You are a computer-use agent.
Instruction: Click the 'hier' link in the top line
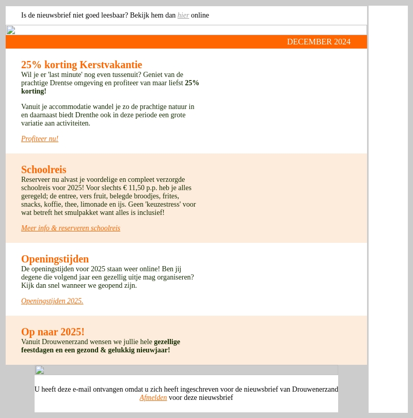183,16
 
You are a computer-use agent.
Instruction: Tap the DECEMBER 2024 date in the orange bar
319,42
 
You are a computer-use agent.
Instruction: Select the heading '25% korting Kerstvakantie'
82,65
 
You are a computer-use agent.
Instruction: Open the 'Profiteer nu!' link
40,139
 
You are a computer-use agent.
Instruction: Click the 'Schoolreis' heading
44,169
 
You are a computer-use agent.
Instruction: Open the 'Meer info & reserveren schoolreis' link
71,228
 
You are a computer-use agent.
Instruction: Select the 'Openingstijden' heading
55,259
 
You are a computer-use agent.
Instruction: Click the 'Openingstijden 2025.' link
52,301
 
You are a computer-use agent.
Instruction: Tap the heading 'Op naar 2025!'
53,332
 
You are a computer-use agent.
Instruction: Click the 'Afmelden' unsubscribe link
153,398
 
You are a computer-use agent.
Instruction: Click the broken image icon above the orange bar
11,30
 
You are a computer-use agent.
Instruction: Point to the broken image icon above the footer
40,370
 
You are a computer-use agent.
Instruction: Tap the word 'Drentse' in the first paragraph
62,83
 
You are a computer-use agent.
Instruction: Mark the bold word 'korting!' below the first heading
34,91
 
